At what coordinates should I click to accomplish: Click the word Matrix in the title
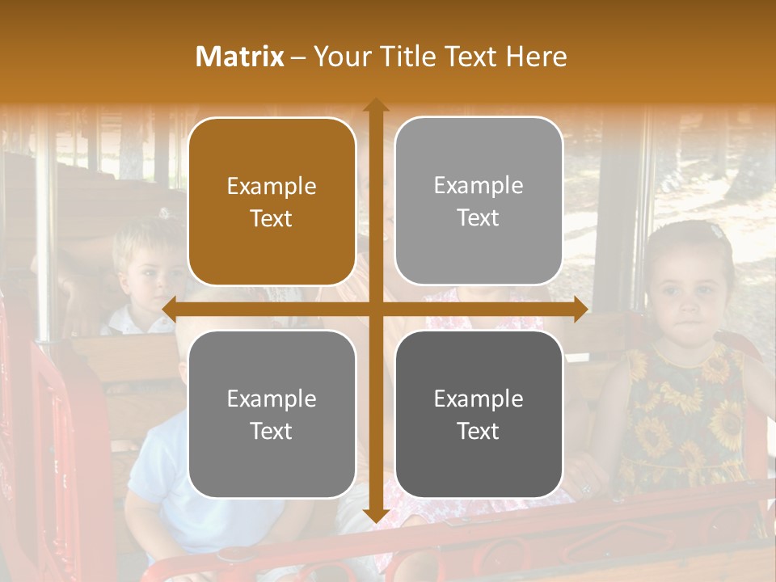click(x=240, y=57)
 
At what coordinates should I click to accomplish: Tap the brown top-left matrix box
click(x=272, y=202)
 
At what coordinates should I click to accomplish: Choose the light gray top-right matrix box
click(x=479, y=201)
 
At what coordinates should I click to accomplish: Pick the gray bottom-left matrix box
click(x=272, y=414)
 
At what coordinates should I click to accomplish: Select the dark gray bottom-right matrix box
click(x=479, y=414)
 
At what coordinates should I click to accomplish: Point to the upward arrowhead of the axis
click(x=375, y=105)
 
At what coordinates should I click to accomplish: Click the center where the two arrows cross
click(x=375, y=309)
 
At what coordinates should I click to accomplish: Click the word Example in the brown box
click(x=272, y=187)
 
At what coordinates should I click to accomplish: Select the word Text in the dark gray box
click(x=479, y=431)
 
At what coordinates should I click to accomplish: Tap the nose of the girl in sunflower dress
click(x=688, y=308)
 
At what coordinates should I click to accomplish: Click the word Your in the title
click(x=341, y=57)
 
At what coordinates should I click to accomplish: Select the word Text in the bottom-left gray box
click(x=272, y=431)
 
